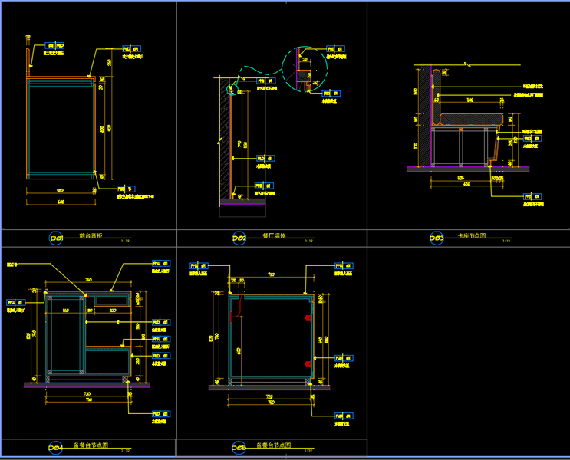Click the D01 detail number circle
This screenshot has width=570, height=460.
click(x=56, y=238)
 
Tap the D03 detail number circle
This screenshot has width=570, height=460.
click(x=437, y=238)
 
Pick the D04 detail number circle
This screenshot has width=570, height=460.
click(x=56, y=447)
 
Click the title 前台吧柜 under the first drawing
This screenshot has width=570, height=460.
click(x=91, y=235)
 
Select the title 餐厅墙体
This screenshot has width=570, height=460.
click(x=273, y=235)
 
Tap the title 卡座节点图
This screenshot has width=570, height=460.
click(x=471, y=235)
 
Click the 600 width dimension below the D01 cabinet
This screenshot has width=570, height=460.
click(x=61, y=202)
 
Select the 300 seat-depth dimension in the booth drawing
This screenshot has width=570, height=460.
click(x=470, y=100)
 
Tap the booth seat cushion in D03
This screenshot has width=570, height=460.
click(x=472, y=119)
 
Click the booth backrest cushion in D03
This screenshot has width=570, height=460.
click(x=436, y=96)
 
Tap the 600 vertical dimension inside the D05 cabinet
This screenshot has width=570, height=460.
click(x=239, y=350)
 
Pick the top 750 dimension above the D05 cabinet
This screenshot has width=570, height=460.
click(x=271, y=274)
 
